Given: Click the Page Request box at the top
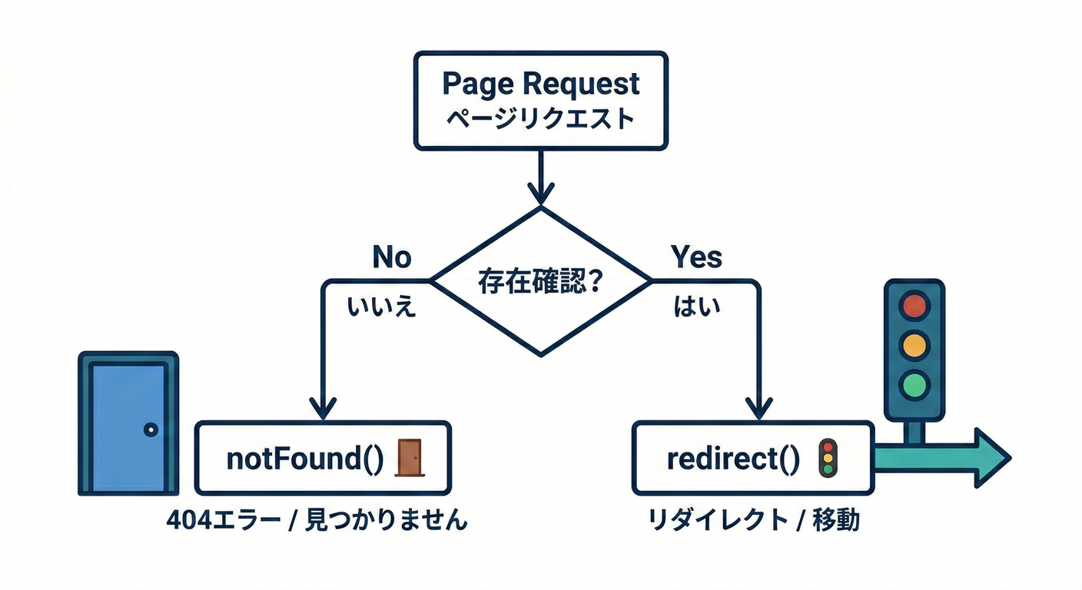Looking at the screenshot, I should click(540, 100).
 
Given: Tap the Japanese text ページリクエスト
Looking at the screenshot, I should click(540, 120).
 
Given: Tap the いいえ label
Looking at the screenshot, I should click(382, 307).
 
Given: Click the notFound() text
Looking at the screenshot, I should click(305, 459).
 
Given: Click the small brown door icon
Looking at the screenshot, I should click(409, 458).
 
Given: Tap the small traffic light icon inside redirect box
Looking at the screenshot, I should click(828, 458).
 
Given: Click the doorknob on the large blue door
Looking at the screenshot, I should click(151, 429).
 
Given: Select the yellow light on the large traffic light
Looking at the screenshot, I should click(914, 344).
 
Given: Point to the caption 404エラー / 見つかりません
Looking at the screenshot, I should click(317, 520).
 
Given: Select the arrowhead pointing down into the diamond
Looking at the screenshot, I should click(540, 194).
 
